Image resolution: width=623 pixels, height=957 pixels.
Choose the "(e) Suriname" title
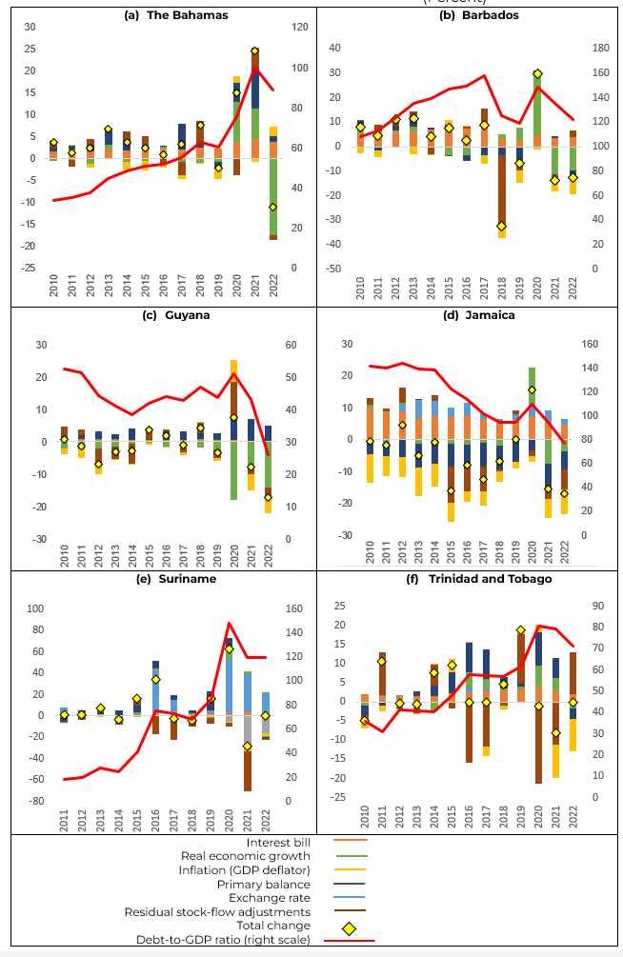pos(161,577)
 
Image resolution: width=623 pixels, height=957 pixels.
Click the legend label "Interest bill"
pos(284,841)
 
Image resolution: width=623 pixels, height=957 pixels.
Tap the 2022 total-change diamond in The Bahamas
pos(272,207)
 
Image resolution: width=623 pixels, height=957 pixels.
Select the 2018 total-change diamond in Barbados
pos(501,227)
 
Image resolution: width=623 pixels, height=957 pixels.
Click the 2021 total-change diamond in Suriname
pos(247,746)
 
